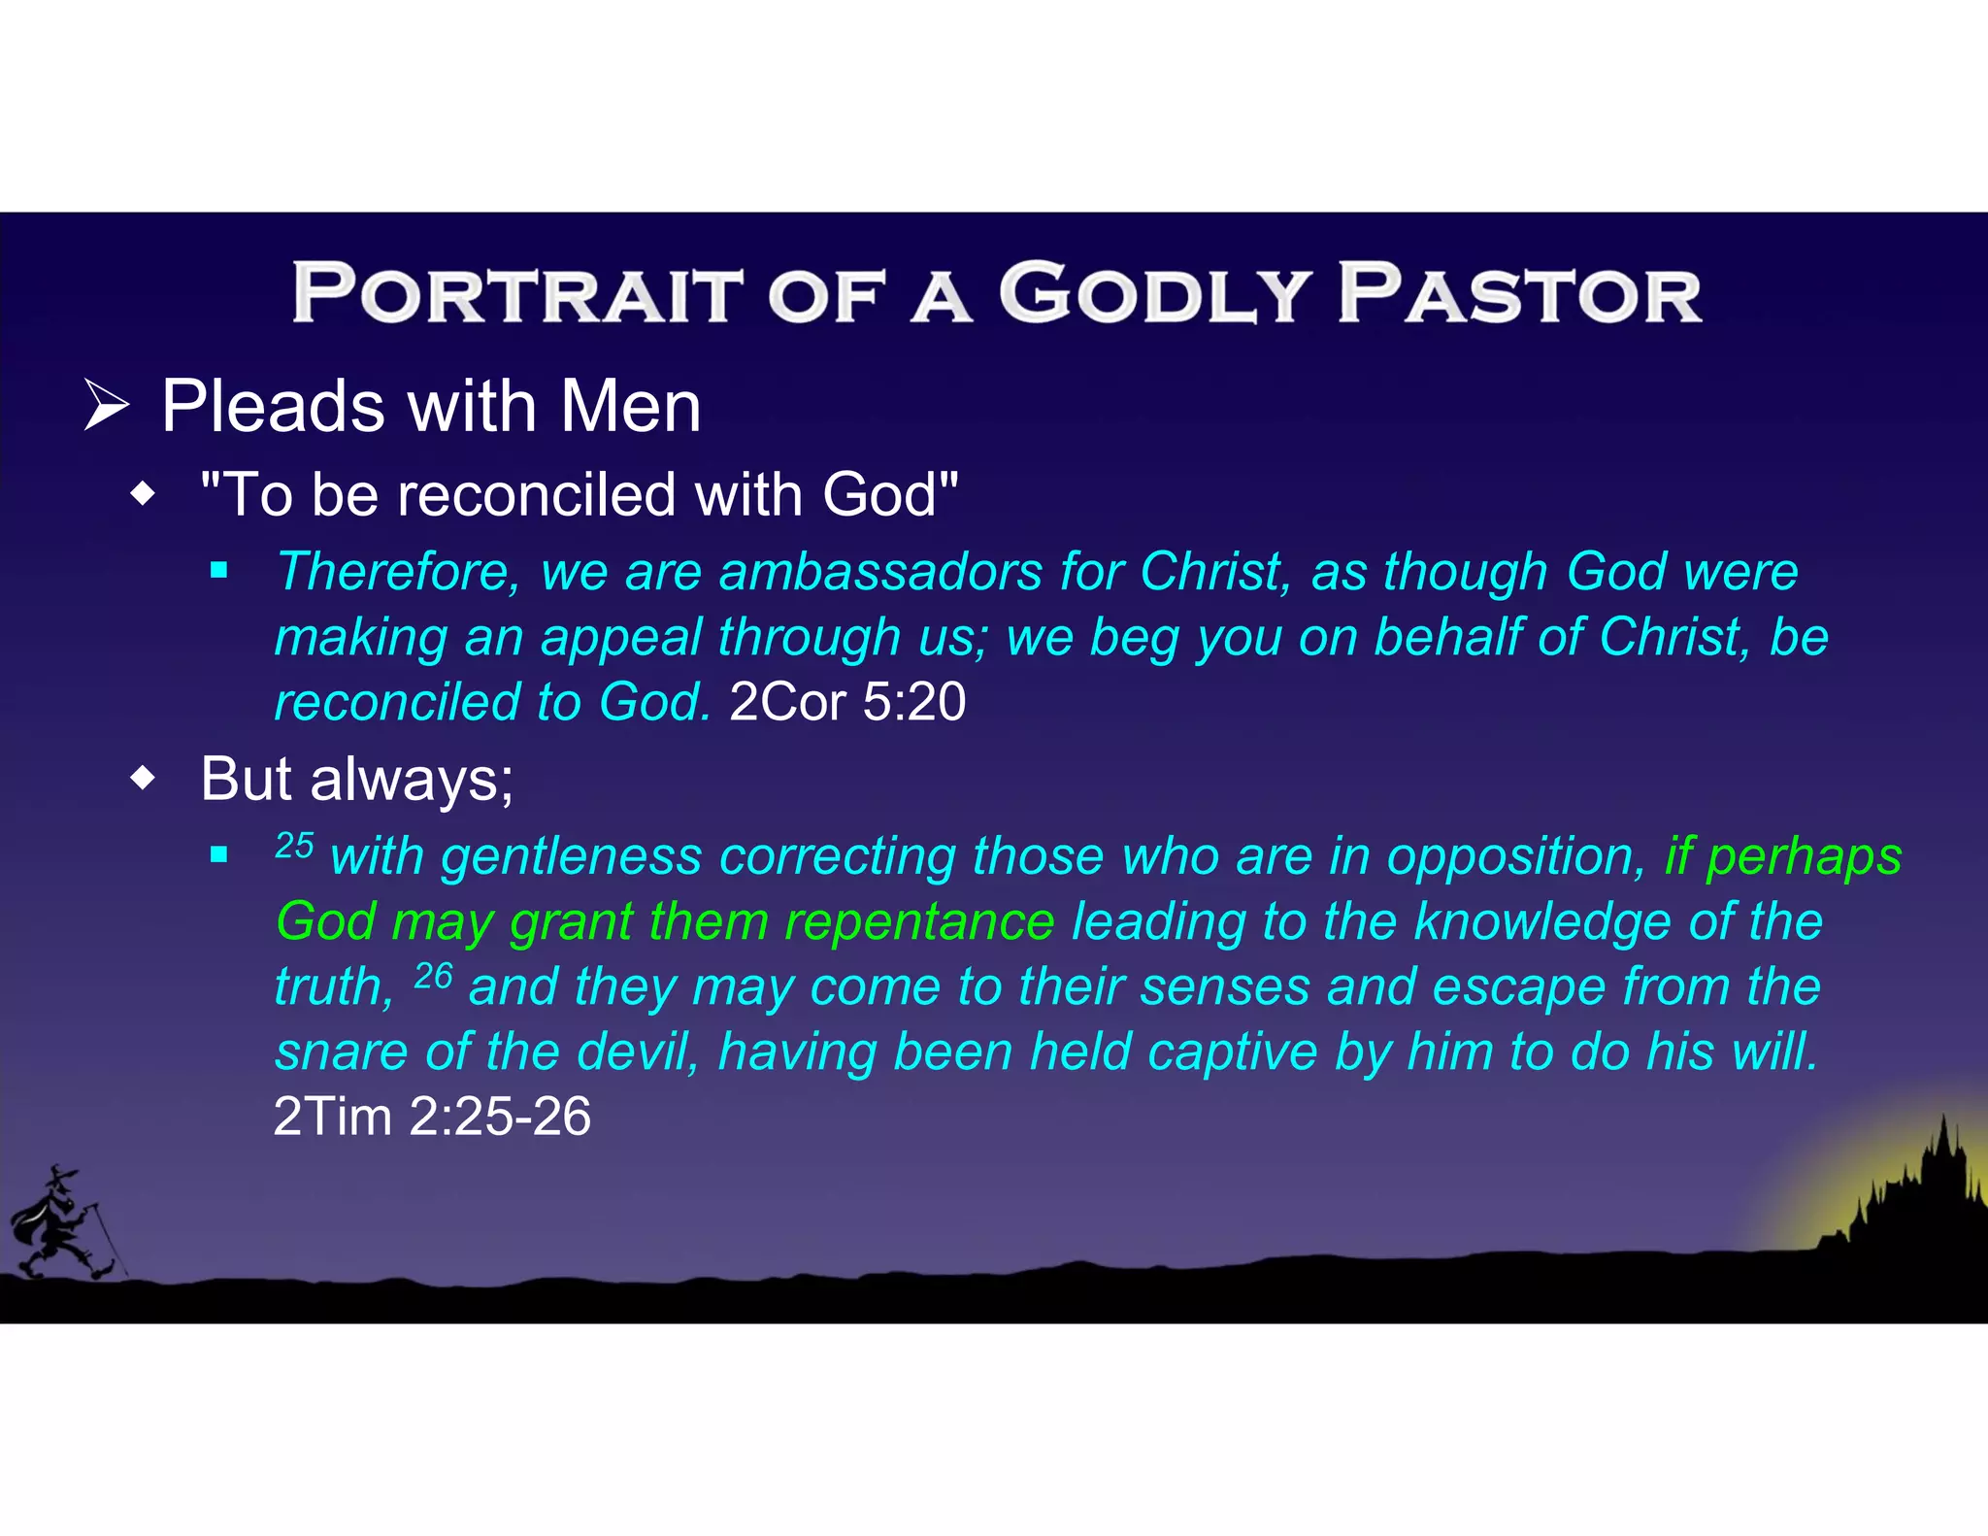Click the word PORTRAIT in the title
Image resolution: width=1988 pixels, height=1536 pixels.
(x=516, y=294)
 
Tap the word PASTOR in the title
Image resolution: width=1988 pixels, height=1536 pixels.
(x=1519, y=294)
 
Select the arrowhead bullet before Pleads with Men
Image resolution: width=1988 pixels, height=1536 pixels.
(x=107, y=406)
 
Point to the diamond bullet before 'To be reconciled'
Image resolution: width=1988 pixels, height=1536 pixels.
(x=143, y=494)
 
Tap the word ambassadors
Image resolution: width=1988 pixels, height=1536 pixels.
(x=879, y=571)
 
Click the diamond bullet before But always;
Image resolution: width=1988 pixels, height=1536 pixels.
(x=143, y=778)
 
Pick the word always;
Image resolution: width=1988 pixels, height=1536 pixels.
(x=412, y=780)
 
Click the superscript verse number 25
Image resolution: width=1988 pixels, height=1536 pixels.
(x=294, y=845)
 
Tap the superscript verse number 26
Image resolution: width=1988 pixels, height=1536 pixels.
(x=433, y=975)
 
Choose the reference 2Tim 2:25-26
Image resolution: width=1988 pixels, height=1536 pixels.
(x=432, y=1117)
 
